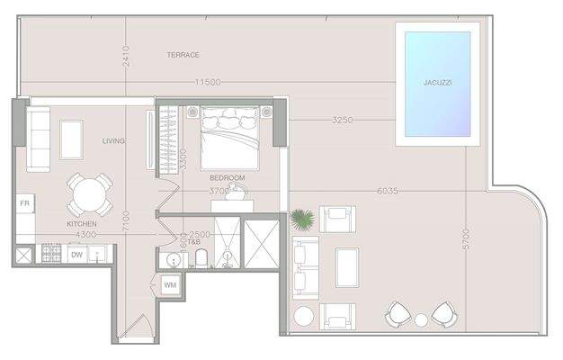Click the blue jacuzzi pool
point(437,83)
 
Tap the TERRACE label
point(183,55)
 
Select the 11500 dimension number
point(208,84)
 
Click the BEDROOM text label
point(227,177)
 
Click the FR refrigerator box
point(24,204)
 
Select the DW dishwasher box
point(78,255)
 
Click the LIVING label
point(113,140)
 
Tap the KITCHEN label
point(81,223)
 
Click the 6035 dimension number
point(388,191)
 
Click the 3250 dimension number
point(342,120)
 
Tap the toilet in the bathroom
point(201,260)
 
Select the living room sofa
point(38,139)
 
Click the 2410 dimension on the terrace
point(127,60)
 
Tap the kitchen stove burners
point(52,254)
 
